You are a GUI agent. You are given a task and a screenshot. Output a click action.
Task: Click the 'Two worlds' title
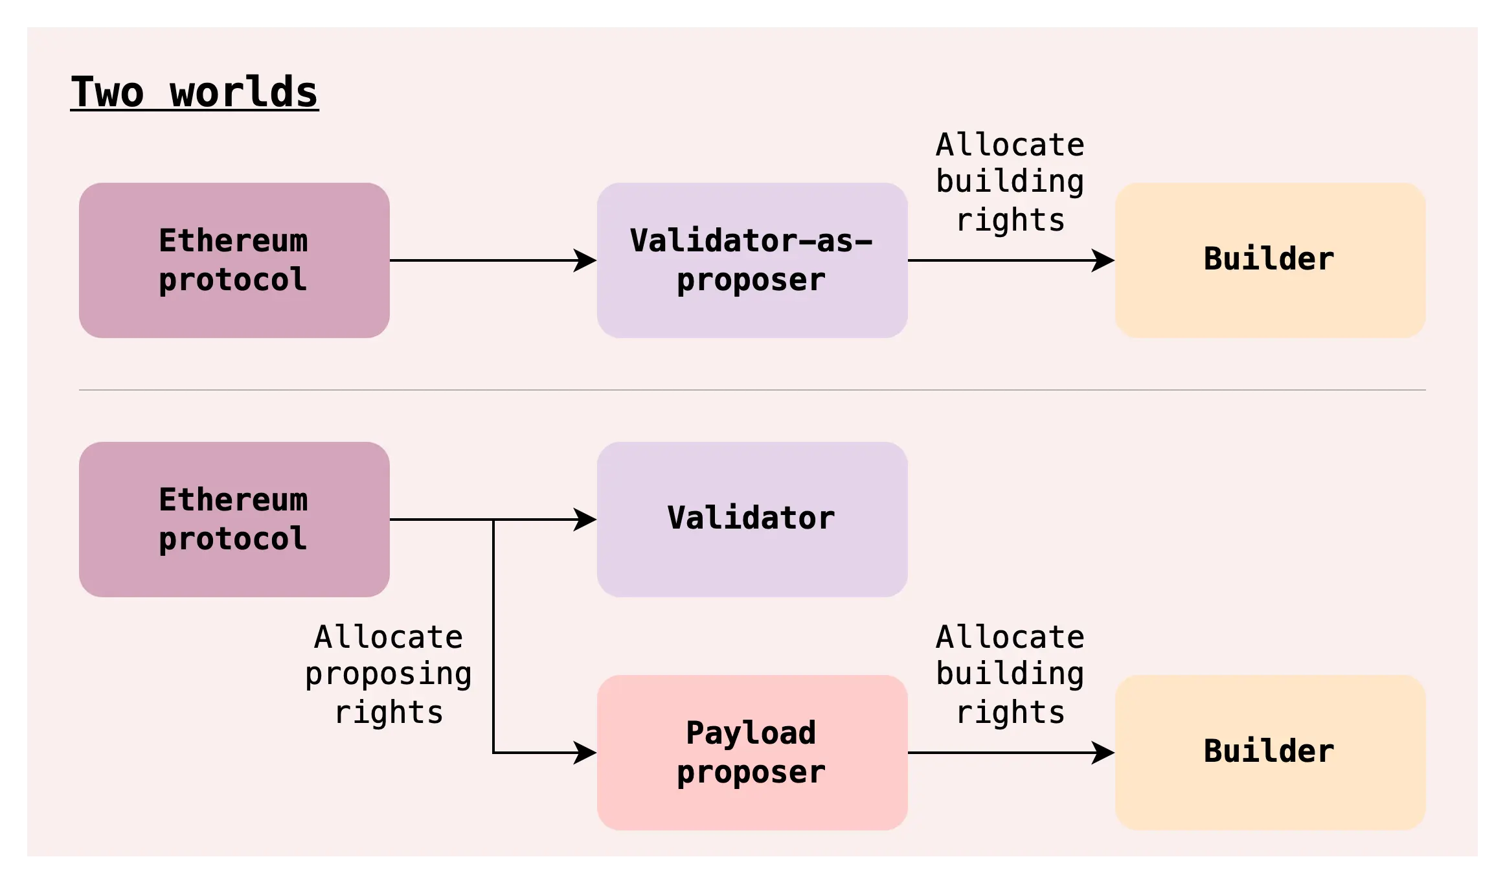click(194, 92)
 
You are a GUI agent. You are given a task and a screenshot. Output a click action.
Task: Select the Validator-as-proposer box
click(752, 260)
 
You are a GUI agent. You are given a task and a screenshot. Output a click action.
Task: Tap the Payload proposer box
click(752, 752)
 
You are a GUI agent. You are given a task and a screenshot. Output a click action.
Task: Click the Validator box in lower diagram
click(752, 519)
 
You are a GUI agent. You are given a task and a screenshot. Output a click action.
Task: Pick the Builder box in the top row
click(1270, 260)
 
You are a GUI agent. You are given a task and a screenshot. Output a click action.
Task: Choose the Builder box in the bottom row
click(1270, 752)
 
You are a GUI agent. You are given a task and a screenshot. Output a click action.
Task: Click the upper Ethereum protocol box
click(234, 260)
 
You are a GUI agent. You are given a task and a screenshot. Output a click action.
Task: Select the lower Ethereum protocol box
click(234, 519)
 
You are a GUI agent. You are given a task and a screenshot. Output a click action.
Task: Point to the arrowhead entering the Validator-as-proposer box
click(585, 260)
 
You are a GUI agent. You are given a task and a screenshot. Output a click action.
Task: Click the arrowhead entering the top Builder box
click(1103, 260)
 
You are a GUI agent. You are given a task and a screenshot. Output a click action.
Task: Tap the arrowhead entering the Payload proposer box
click(585, 753)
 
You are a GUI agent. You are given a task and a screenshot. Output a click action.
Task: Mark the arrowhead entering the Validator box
click(585, 520)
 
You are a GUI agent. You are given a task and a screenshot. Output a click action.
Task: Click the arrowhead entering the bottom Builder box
click(1103, 753)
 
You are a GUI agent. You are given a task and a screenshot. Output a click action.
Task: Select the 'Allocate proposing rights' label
click(389, 674)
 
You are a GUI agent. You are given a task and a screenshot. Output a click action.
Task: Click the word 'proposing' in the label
click(389, 674)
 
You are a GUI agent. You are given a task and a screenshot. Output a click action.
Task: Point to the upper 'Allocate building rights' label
click(1010, 182)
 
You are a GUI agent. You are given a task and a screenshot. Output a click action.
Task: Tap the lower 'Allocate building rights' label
click(1010, 674)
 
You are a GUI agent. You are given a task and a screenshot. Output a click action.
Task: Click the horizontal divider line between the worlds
click(752, 390)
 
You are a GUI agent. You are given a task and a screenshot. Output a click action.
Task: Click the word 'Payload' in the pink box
click(751, 733)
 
